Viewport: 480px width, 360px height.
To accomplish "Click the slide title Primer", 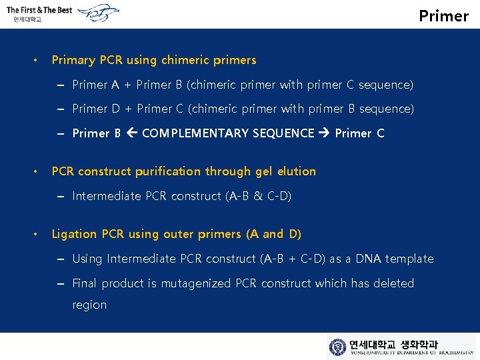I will click(x=443, y=15).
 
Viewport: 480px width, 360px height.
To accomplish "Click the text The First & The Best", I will click(x=39, y=9).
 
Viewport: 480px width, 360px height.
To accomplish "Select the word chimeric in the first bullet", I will click(x=185, y=60).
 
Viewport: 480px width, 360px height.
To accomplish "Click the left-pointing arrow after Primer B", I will click(x=131, y=133).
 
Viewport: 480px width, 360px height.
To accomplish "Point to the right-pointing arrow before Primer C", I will click(x=325, y=133).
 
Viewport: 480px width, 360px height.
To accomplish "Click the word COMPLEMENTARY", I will click(x=194, y=133).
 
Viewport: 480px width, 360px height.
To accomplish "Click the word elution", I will click(x=295, y=171).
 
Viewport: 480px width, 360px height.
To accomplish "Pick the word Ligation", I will click(x=74, y=234).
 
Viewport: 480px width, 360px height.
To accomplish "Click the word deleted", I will click(x=393, y=283).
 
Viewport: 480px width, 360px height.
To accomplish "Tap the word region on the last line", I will click(x=89, y=305).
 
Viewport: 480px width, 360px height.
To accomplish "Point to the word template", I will click(x=409, y=259).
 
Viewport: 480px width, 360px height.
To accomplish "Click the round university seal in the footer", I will click(x=338, y=347).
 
